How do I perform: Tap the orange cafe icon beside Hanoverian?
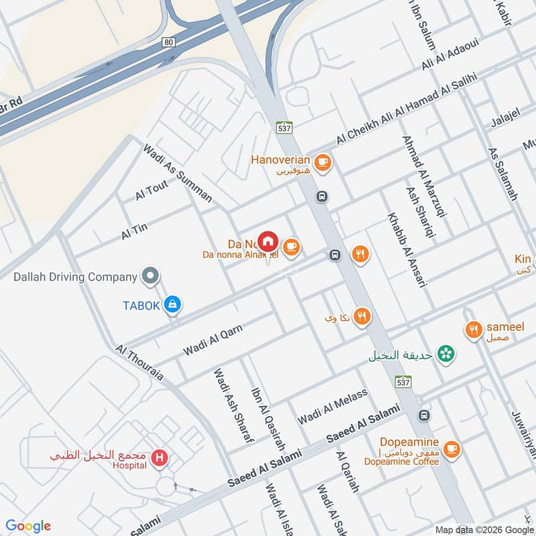322,161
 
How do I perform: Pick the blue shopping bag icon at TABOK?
173,304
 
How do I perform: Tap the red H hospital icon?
159,458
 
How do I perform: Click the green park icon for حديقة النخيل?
444,354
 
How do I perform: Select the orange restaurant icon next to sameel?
474,330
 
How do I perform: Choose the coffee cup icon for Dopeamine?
452,448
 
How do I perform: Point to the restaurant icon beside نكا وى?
362,316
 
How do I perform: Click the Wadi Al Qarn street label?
212,340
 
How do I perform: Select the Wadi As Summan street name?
178,173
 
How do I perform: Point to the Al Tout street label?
151,191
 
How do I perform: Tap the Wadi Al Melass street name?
333,405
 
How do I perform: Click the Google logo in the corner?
28,525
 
